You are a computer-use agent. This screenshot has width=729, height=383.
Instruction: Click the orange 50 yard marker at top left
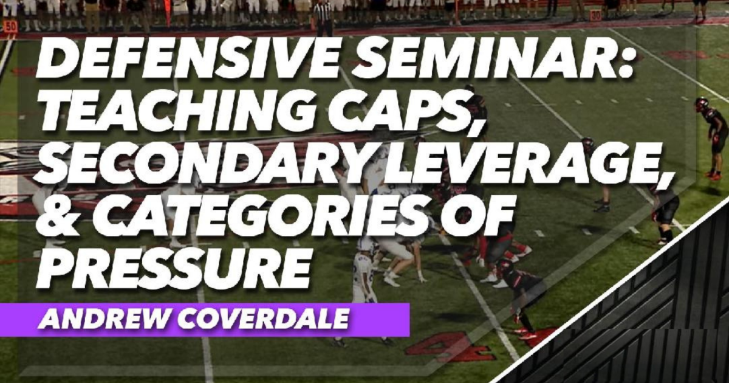(x=10, y=26)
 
